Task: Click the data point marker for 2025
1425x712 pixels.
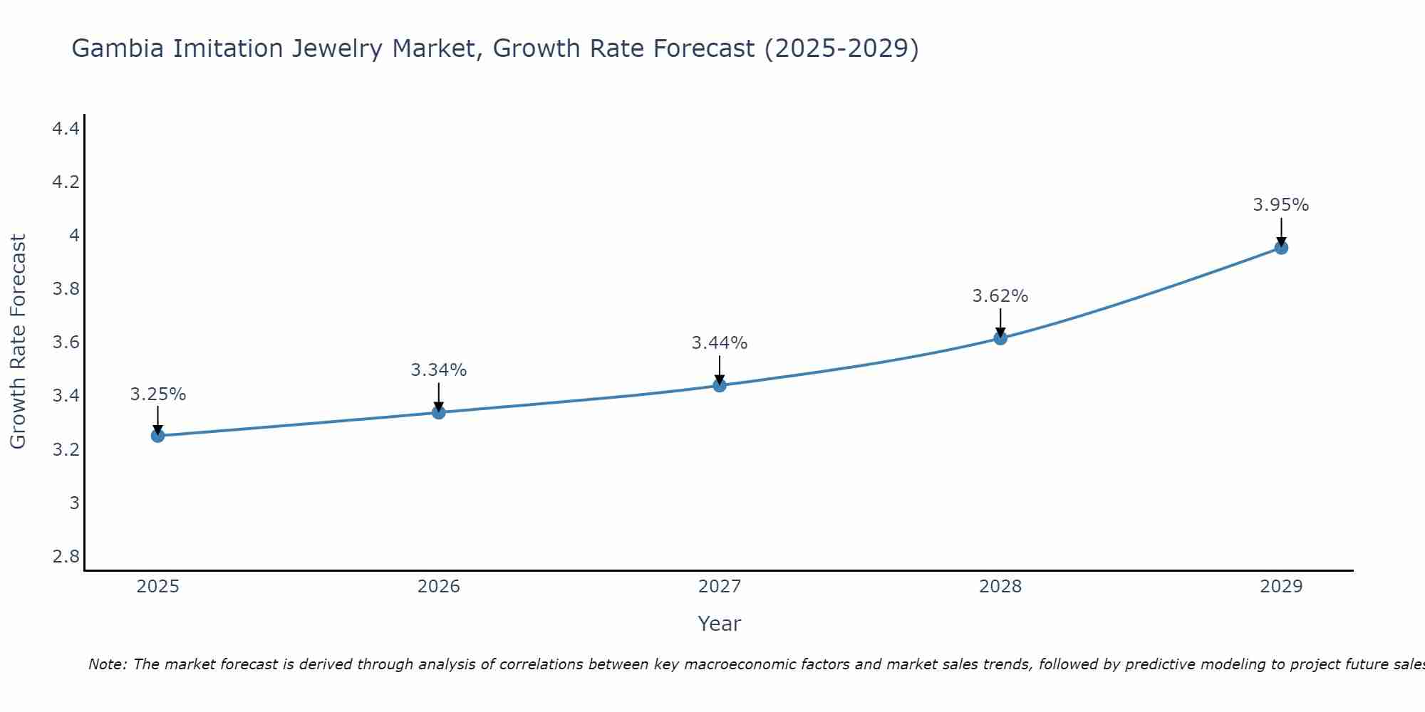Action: tap(157, 436)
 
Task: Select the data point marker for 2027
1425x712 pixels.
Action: tap(720, 385)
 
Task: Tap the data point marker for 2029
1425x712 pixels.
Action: tap(1281, 248)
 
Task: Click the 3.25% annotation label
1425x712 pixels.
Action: tap(157, 394)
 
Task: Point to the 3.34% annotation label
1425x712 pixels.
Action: tap(438, 370)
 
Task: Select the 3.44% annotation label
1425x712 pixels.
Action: tap(719, 343)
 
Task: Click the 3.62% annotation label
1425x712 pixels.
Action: tap(1000, 296)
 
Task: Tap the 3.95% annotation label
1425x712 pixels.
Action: tap(1280, 205)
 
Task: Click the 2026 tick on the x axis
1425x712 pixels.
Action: tap(438, 587)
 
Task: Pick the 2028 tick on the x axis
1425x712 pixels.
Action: tap(1000, 587)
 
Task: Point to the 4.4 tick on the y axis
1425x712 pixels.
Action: tap(66, 129)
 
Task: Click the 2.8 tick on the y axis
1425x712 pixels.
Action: tap(66, 556)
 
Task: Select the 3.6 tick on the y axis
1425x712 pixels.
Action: tap(66, 342)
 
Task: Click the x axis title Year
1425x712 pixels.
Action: tap(719, 624)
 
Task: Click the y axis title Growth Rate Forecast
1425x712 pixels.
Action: tap(18, 342)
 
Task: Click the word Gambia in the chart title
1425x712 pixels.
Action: tap(117, 48)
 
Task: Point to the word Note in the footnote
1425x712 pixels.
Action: tap(107, 664)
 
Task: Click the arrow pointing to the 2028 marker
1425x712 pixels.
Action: tap(1000, 323)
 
